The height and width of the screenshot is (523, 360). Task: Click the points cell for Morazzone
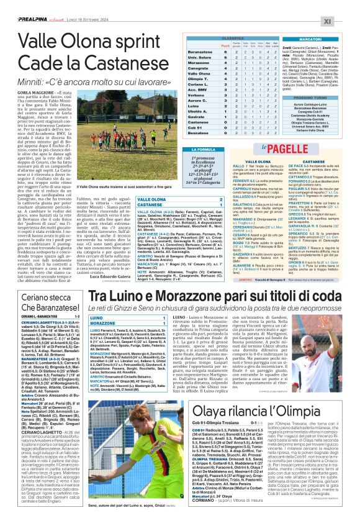[225, 63]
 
